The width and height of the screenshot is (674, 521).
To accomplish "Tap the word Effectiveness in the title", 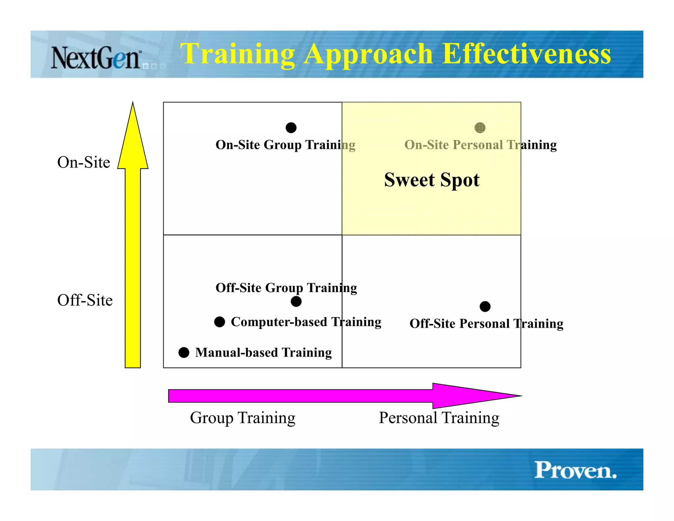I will (527, 54).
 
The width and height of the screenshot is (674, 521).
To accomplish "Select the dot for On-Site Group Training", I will (291, 127).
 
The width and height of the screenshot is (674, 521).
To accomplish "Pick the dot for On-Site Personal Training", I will (480, 127).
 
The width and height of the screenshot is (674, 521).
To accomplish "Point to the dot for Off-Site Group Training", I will (296, 301).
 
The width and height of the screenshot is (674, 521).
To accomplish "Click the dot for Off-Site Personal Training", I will (485, 306).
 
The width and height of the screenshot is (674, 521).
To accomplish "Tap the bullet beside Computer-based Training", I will (220, 322).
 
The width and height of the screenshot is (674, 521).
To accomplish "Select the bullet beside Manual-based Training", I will (184, 352).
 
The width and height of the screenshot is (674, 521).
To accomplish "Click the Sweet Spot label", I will (432, 180).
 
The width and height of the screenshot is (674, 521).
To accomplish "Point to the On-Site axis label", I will (84, 162).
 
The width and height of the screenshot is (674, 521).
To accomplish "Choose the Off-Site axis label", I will (85, 300).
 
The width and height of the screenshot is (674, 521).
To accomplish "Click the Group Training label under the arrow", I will (243, 418).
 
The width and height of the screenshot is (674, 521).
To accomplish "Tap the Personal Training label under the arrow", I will (439, 418).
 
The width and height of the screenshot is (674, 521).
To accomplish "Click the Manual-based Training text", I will (263, 353).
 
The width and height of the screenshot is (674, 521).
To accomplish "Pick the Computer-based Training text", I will (306, 322).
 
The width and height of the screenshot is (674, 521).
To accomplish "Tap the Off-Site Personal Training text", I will (486, 324).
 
